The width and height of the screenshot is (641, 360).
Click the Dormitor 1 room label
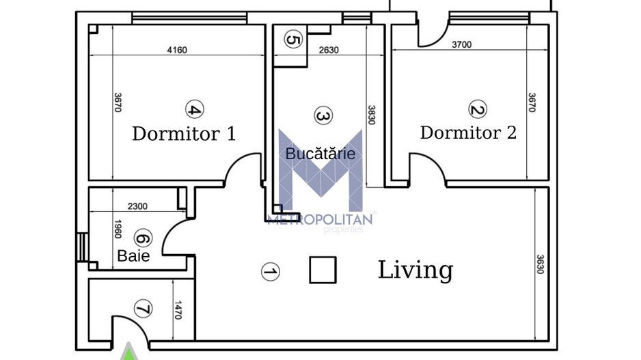point(184,133)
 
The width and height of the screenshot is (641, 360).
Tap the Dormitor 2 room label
point(468,132)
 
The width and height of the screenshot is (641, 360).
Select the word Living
point(415,270)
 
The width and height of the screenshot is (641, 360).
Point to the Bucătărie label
point(320,154)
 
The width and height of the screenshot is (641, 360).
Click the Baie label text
point(133,255)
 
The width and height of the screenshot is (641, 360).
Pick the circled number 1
point(271,272)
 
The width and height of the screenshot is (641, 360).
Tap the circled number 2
point(476,109)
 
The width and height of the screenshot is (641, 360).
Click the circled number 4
point(194,109)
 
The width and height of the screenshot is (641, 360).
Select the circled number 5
point(292,40)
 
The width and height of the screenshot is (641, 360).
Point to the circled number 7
point(142,310)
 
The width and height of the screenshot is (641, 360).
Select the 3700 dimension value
point(461,45)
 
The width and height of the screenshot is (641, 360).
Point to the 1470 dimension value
point(180,311)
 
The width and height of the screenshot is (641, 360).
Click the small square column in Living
point(323,270)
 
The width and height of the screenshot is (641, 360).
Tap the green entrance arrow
point(127,353)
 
